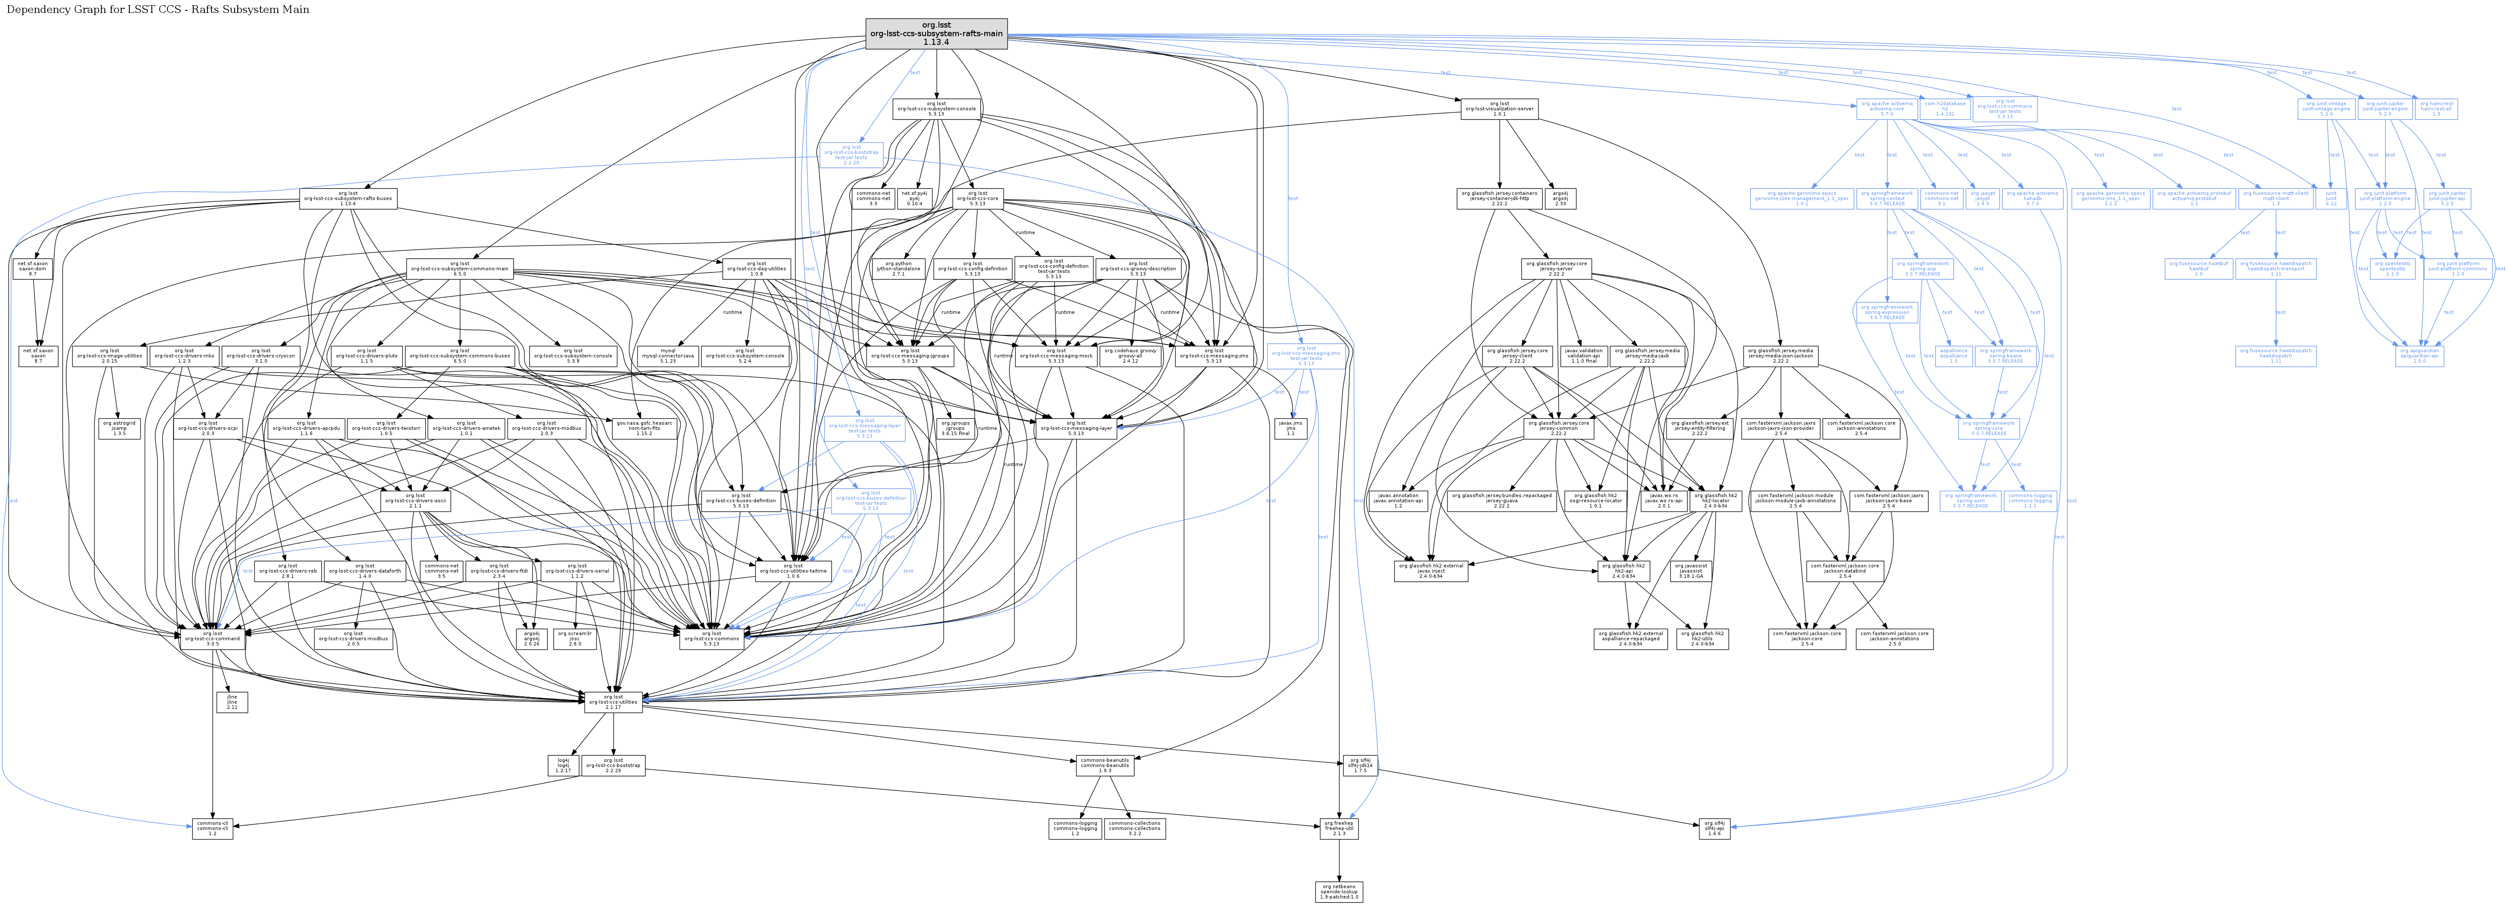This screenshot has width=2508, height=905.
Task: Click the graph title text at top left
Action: pyautogui.click(x=158, y=10)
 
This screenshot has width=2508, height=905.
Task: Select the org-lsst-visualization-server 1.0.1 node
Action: pyautogui.click(x=1499, y=108)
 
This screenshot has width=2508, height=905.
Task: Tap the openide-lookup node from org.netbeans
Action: pyautogui.click(x=1340, y=891)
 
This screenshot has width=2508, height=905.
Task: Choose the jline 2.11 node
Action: pyautogui.click(x=232, y=701)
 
